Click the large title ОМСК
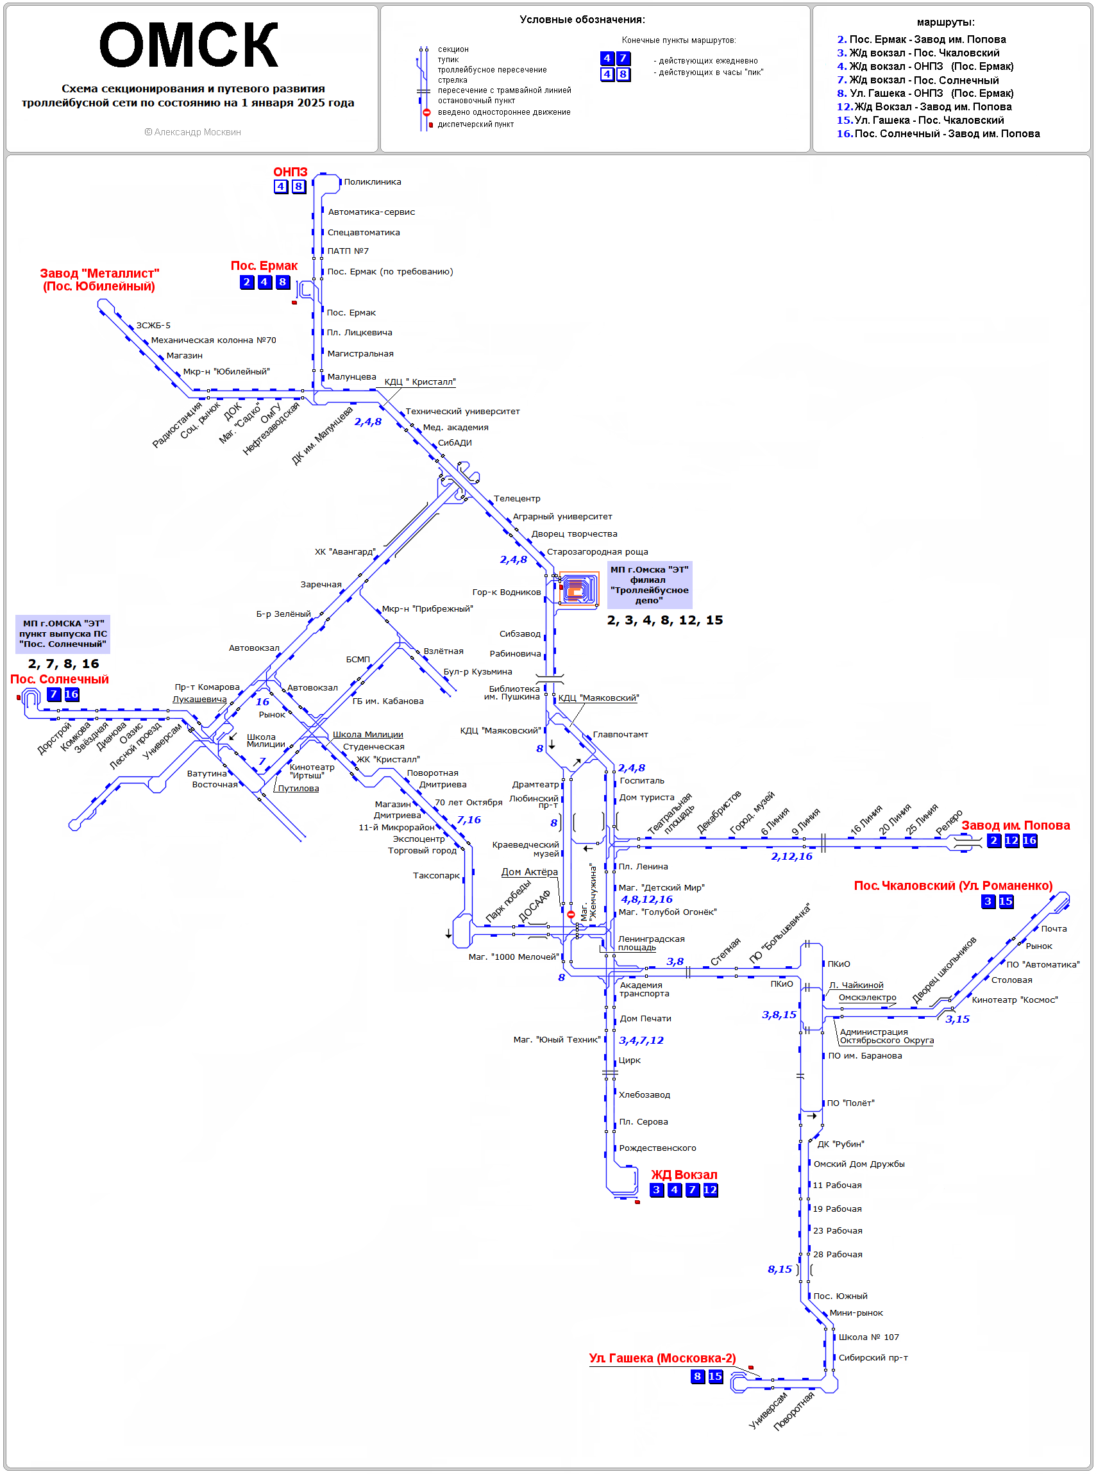pos(189,45)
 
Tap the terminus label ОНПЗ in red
pos(291,172)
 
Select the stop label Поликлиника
pos(372,181)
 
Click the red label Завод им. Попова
pos(1015,825)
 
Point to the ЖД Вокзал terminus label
pos(684,1175)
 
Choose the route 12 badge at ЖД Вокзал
pos(710,1190)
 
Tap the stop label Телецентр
pos(517,498)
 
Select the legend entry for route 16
pos(938,133)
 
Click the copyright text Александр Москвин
pos(192,132)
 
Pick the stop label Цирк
pos(630,1060)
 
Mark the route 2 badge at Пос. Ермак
pos(247,282)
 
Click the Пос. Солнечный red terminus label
pos(59,679)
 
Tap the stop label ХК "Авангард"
pos(345,551)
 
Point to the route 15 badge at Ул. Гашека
pos(715,1377)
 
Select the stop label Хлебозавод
pos(645,1094)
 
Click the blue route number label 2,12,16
pos(791,857)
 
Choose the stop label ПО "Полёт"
pos(850,1103)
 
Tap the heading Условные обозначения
pos(582,20)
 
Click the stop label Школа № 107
pos(868,1337)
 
